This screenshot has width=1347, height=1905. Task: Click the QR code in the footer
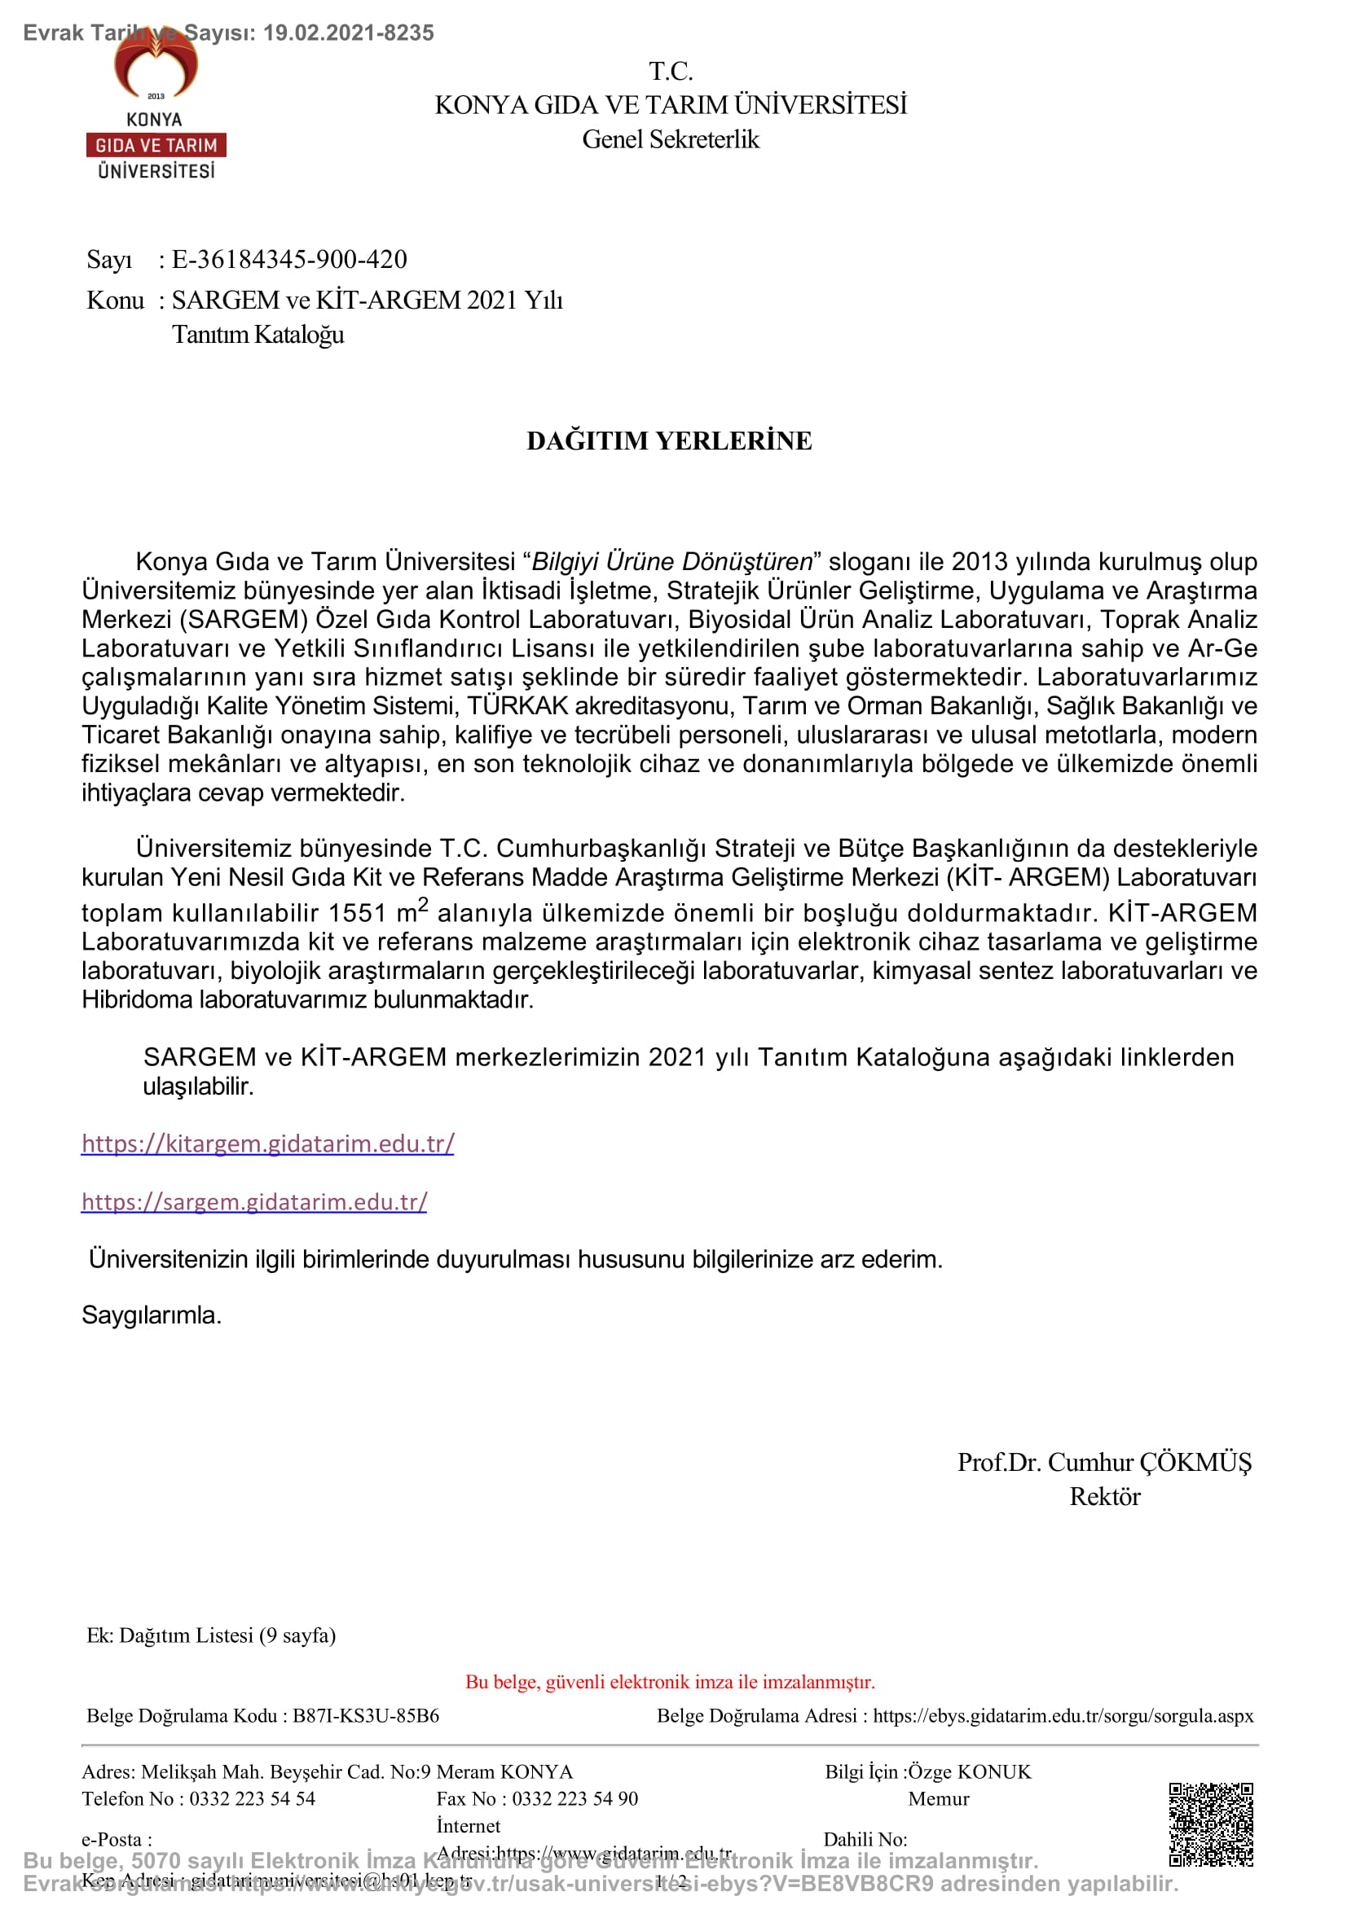pos(1210,1824)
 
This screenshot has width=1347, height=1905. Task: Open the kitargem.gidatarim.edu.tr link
pos(267,1143)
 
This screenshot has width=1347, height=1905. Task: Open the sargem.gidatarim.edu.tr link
pos(254,1201)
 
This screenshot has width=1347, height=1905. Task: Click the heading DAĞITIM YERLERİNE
pos(669,441)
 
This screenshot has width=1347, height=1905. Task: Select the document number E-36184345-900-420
pos(288,260)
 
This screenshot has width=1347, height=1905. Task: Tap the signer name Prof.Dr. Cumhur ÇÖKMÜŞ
pos(1104,1462)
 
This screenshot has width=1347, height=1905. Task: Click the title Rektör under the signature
pos(1104,1497)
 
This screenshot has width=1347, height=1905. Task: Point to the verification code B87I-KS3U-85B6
pos(365,1716)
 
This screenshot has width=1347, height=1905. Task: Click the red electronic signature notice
pos(670,1682)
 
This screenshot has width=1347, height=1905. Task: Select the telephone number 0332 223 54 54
pos(253,1799)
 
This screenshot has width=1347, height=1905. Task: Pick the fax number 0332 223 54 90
pos(574,1799)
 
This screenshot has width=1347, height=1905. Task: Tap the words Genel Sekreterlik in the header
pos(670,139)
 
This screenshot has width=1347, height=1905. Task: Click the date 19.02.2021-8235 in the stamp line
pos(349,33)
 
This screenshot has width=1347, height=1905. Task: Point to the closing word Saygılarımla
pos(151,1315)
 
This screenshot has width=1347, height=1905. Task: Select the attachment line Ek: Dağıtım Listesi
pos(211,1635)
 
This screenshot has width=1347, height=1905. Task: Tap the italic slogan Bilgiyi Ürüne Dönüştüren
pos(671,562)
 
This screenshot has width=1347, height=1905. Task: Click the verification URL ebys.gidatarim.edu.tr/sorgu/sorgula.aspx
pos(1063,1716)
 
